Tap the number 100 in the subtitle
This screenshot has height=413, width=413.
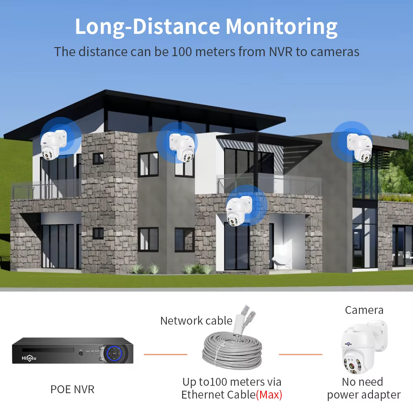click(x=182, y=52)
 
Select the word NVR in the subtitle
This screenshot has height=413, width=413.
click(x=280, y=52)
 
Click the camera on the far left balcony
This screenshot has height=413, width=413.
click(x=53, y=145)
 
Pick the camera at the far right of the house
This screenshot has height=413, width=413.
click(x=360, y=147)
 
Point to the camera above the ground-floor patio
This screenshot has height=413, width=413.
click(x=239, y=211)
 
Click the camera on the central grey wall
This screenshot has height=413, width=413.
click(x=182, y=147)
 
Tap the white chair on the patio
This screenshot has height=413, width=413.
click(x=281, y=262)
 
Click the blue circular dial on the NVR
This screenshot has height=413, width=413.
click(x=114, y=353)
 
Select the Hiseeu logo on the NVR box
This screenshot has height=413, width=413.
click(x=29, y=358)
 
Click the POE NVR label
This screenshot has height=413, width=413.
click(x=72, y=389)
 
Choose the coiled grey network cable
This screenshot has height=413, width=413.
click(x=232, y=350)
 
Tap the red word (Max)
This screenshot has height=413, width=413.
click(x=269, y=395)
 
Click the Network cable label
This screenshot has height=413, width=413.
click(x=196, y=321)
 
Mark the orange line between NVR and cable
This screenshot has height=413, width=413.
click(x=166, y=354)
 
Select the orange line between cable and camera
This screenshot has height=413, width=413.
click(x=301, y=354)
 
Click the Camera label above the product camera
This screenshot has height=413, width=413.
click(x=364, y=310)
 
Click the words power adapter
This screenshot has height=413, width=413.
click(x=364, y=395)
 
